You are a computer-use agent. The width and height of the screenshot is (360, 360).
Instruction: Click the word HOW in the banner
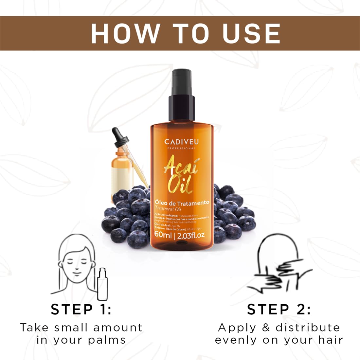click(125, 33)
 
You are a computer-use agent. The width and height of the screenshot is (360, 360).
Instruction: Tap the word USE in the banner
click(251, 33)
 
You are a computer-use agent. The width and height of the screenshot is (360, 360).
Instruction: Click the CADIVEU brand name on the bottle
click(181, 142)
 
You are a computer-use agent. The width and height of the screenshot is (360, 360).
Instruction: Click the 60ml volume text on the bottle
click(163, 235)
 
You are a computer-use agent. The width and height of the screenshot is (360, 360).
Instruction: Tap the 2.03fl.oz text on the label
click(191, 235)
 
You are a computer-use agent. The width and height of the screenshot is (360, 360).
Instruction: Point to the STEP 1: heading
click(81, 309)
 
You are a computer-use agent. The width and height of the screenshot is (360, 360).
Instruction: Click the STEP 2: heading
click(279, 309)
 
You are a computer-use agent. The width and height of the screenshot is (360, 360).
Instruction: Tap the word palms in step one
click(107, 340)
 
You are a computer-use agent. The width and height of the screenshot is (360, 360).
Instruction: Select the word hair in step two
click(331, 340)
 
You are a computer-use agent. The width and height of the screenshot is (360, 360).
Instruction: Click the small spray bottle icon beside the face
click(102, 284)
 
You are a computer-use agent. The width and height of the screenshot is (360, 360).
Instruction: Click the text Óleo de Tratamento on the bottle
click(182, 203)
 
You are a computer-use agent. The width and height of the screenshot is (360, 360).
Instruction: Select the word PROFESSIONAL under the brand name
click(181, 149)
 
